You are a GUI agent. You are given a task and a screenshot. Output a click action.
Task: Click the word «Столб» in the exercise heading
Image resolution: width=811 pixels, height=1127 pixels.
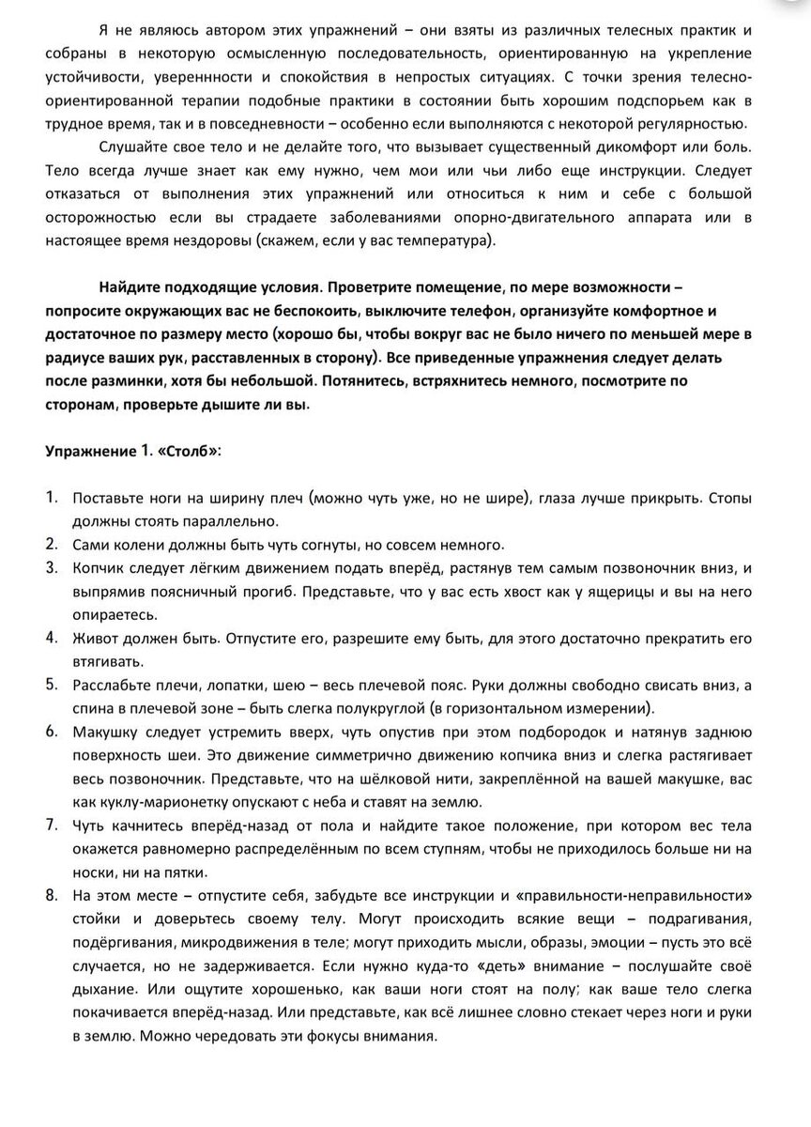(191, 451)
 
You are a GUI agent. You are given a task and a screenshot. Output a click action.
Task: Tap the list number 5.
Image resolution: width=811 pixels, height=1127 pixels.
(53, 683)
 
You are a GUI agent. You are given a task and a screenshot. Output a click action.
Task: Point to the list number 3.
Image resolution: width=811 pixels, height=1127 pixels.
(53, 568)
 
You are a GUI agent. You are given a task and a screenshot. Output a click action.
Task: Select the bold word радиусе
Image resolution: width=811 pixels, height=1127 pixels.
(74, 359)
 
